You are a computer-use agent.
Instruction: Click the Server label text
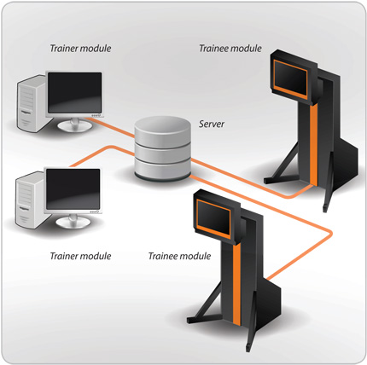pyautogui.click(x=212, y=124)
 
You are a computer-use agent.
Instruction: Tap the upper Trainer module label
pyautogui.click(x=80, y=49)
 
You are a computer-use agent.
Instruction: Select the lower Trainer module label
pyautogui.click(x=80, y=256)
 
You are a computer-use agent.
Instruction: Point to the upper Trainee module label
pyautogui.click(x=230, y=49)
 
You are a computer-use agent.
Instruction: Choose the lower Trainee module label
pyautogui.click(x=179, y=256)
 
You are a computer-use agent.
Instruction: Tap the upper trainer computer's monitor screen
pyautogui.click(x=74, y=92)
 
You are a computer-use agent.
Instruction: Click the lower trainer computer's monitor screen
pyautogui.click(x=73, y=189)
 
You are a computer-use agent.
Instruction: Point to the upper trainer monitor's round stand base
pyautogui.click(x=75, y=126)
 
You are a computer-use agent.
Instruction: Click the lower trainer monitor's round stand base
pyautogui.click(x=73, y=223)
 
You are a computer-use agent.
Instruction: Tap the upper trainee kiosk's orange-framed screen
pyautogui.click(x=290, y=79)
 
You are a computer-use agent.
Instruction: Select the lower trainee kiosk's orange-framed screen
pyautogui.click(x=214, y=218)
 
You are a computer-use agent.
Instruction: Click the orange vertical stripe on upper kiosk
pyautogui.click(x=314, y=143)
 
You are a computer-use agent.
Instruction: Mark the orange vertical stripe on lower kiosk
pyautogui.click(x=236, y=284)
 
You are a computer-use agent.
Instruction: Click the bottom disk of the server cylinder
pyautogui.click(x=162, y=170)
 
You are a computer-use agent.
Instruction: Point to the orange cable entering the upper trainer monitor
pyautogui.click(x=113, y=127)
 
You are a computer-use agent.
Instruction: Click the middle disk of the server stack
pyautogui.click(x=162, y=153)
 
